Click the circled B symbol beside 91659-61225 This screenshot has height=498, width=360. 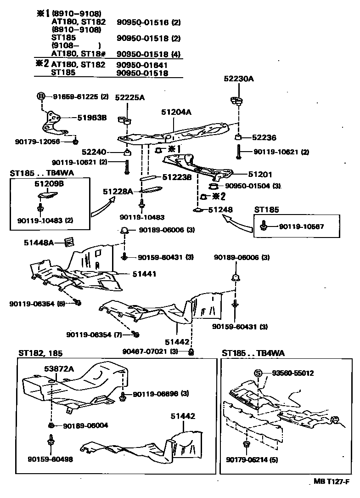point(41,96)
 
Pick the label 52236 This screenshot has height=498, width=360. point(264,137)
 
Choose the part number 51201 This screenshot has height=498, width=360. point(260,175)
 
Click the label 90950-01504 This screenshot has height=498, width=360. point(247,186)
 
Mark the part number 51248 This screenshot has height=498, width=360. point(220,209)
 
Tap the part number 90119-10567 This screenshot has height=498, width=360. point(302,226)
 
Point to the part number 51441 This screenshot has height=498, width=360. point(145,274)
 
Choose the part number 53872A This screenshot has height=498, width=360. point(59,368)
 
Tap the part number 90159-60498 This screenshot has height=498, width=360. point(50,459)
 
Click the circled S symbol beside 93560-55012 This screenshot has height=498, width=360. point(258,373)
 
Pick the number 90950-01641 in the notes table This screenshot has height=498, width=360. point(141,65)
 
